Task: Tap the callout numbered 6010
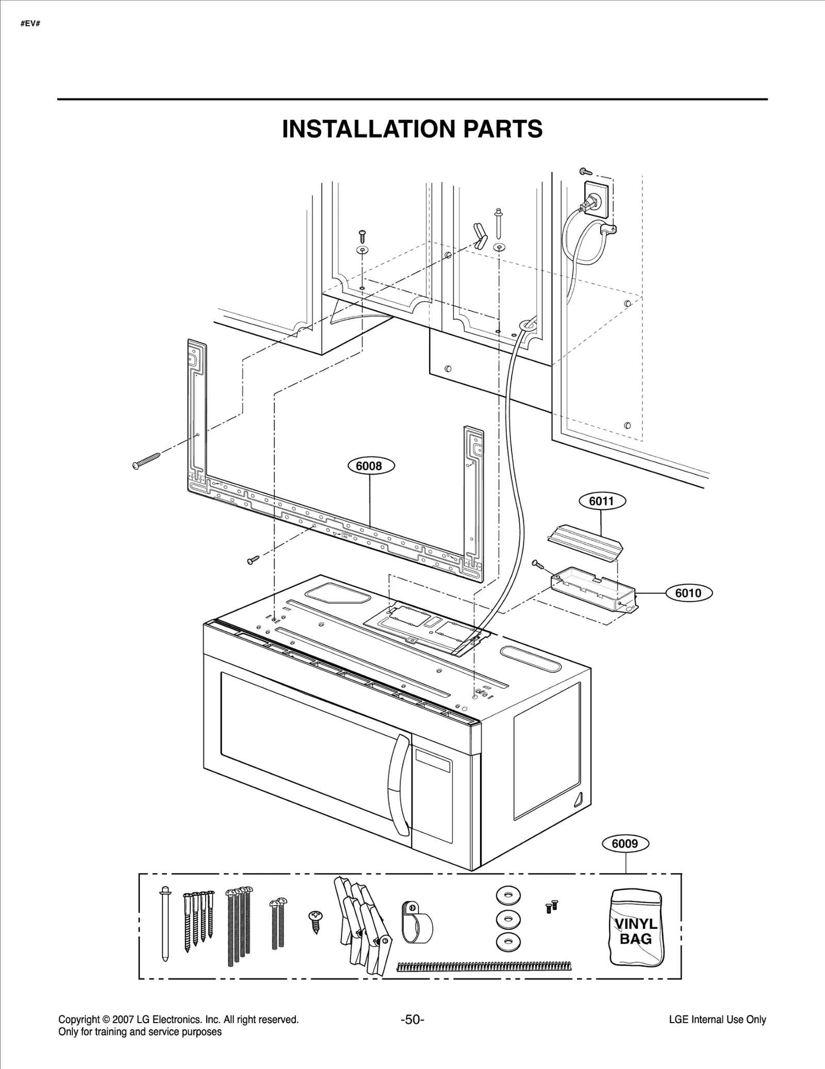688,593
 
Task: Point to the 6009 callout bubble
624,844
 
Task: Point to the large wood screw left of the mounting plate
146,459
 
